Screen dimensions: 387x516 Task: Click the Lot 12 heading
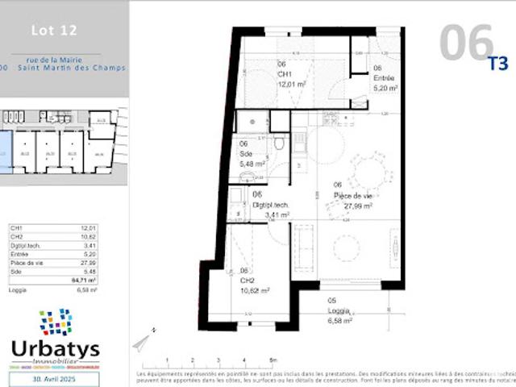(x=53, y=31)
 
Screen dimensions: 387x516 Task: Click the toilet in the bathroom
(x=279, y=144)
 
